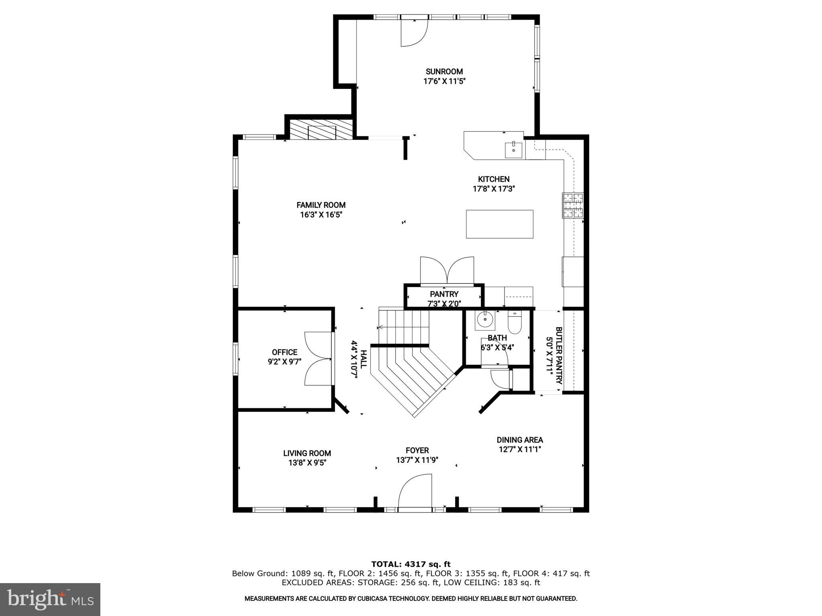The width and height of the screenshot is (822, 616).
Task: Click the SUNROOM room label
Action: [444, 72]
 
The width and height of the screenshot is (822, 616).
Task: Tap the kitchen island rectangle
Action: [499, 224]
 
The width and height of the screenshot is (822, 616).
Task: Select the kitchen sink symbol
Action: [513, 150]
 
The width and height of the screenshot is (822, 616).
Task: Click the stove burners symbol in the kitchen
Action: [573, 206]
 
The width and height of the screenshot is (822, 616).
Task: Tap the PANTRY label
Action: [444, 294]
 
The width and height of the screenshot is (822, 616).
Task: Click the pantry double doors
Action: [447, 272]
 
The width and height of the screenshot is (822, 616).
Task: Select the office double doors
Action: [318, 359]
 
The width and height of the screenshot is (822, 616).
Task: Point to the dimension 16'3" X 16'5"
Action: [321, 215]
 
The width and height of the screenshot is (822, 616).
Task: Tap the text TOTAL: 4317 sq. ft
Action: [411, 564]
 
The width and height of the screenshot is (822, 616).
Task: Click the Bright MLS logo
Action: [50, 599]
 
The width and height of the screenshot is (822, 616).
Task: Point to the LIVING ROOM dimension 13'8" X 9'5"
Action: [307, 463]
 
